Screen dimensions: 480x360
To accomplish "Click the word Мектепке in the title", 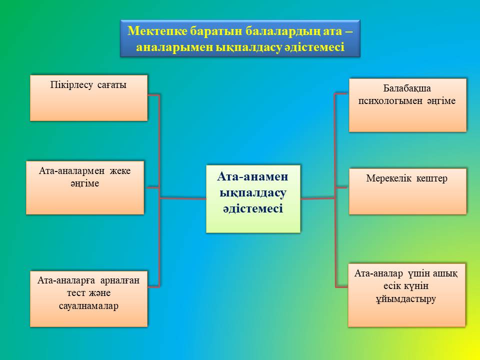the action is tap(156, 31).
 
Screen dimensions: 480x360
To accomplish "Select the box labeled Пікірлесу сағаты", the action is tap(89, 98).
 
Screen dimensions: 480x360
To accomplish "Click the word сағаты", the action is tap(111, 85).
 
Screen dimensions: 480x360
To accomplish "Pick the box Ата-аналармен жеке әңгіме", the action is tap(85, 187).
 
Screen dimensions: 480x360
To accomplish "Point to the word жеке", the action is tap(120, 171).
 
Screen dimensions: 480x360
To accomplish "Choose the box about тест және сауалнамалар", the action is tap(89, 299).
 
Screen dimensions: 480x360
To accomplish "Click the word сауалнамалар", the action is tap(89, 306).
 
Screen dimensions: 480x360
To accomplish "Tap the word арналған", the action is tap(120, 280).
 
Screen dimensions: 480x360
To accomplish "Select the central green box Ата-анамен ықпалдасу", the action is tap(253, 199).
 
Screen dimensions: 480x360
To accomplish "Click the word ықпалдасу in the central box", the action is tap(253, 193).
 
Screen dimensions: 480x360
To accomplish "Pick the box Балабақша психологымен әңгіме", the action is tap(408, 105).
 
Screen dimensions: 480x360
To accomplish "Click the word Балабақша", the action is tap(407, 88).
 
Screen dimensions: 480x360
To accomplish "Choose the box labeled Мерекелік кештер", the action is tap(408, 191).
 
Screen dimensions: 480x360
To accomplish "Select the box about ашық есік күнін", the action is tap(407, 295).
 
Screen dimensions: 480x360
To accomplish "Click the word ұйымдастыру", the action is tap(406, 299).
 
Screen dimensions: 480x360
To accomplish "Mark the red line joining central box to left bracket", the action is tap(183, 198).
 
